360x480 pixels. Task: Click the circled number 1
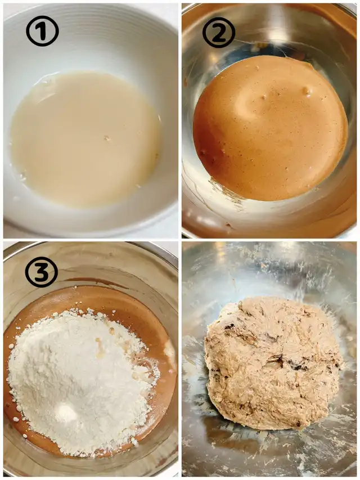point(42,31)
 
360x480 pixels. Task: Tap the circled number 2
point(219,32)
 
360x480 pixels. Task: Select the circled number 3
point(41,272)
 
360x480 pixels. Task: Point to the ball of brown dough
point(272,363)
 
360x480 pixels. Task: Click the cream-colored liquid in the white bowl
point(85,140)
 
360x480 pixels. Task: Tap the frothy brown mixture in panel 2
point(271,128)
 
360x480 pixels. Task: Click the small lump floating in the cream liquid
point(107,138)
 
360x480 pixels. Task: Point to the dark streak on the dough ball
point(288,363)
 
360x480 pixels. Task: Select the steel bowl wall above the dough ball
point(269,270)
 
